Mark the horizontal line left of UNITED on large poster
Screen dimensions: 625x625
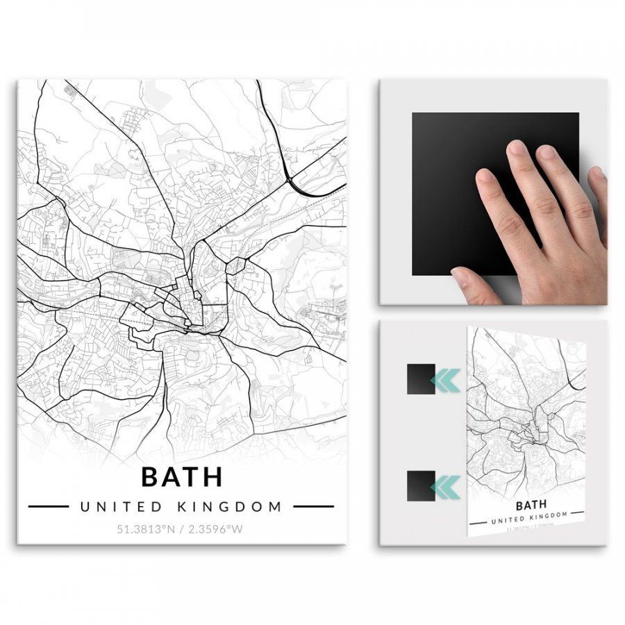[48, 506]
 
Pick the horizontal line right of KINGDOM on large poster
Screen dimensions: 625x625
[313, 506]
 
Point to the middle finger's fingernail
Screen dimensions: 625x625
[516, 148]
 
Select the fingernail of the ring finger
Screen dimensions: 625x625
[546, 152]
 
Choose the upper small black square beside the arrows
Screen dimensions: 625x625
[421, 379]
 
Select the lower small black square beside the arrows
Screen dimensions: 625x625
[421, 485]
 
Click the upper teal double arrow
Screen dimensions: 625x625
[445, 379]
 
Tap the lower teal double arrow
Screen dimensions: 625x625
[445, 485]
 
